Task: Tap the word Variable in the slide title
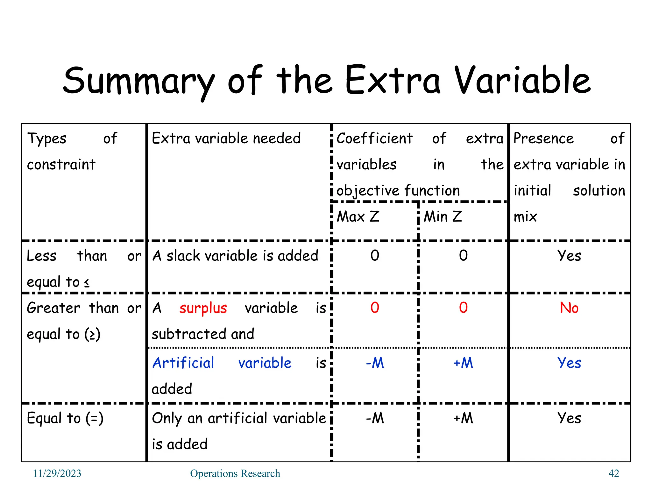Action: pyautogui.click(x=522, y=80)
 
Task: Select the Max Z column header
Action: pyautogui.click(x=358, y=217)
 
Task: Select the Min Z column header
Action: pyautogui.click(x=443, y=217)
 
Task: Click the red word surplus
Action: pyautogui.click(x=203, y=308)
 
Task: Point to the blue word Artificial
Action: pyautogui.click(x=183, y=363)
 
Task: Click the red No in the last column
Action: pyautogui.click(x=569, y=308)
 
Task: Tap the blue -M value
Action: pyautogui.click(x=375, y=363)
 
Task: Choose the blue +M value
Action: pyautogui.click(x=463, y=363)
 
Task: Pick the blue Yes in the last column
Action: pyautogui.click(x=569, y=363)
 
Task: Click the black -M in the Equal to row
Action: pyautogui.click(x=375, y=418)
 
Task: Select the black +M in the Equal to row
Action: pyautogui.click(x=463, y=418)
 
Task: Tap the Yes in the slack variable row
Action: pyautogui.click(x=569, y=256)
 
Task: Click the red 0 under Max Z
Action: pyautogui.click(x=375, y=308)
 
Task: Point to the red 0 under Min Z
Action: pyautogui.click(x=463, y=308)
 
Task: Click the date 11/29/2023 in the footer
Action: pyautogui.click(x=57, y=473)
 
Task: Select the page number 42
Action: pyautogui.click(x=613, y=473)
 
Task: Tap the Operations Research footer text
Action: pyautogui.click(x=235, y=473)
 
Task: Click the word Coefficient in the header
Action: pyautogui.click(x=374, y=138)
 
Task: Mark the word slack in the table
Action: pyautogui.click(x=181, y=256)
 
